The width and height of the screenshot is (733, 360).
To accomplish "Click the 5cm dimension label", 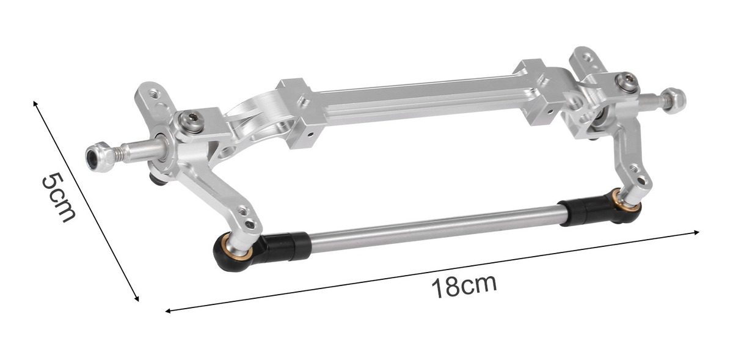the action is (x=59, y=197).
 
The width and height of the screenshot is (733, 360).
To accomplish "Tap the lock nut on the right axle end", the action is (x=673, y=101).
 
